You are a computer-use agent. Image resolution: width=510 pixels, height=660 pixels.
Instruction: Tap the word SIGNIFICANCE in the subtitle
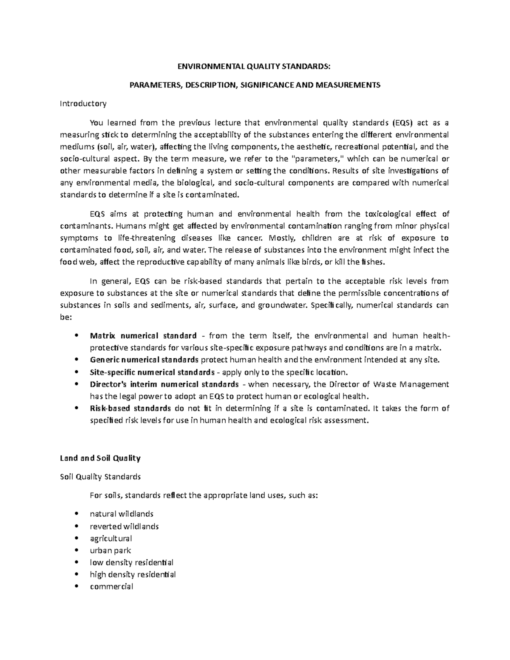pos(261,85)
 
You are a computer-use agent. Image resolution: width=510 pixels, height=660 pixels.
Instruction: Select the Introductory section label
pos(83,103)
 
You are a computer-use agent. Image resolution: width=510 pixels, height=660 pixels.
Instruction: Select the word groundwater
pos(283,305)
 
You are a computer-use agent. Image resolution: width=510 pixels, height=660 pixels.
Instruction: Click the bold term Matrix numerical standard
pos(143,335)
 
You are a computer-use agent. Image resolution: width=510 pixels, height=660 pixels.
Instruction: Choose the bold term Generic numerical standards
pos(144,360)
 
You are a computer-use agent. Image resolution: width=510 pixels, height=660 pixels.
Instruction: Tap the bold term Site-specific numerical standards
pos(152,372)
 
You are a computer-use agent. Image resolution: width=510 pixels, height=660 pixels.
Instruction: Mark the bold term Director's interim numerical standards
pos(164,384)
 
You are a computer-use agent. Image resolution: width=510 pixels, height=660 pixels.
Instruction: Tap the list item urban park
pos(110,550)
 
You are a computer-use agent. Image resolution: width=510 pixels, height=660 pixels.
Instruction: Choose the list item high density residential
pos(133,575)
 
